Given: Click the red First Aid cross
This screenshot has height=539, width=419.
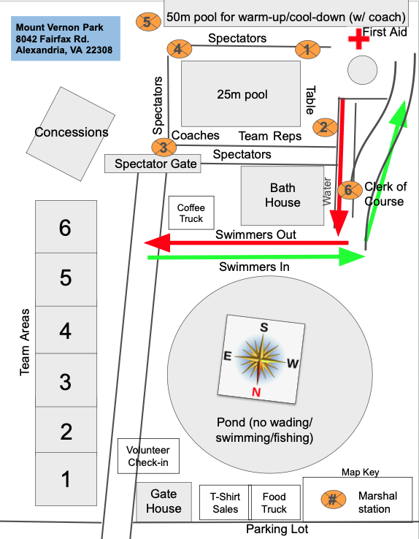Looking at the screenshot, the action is click(358, 39).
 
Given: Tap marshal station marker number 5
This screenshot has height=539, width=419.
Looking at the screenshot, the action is click(148, 22).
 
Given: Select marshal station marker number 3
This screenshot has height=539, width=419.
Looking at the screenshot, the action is click(164, 147).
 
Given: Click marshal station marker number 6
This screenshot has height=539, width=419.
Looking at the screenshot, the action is click(350, 190).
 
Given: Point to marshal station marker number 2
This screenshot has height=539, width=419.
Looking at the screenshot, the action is click(325, 128).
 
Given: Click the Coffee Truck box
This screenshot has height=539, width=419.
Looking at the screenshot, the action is click(191, 213).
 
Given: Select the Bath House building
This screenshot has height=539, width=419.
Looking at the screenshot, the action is click(282, 196).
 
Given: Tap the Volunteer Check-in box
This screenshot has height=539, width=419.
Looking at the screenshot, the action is click(148, 456).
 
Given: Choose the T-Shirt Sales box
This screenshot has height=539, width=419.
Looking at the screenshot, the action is click(226, 502).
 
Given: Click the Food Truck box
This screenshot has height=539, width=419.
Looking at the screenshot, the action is click(274, 502).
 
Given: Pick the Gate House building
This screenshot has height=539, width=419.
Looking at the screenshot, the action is click(164, 502).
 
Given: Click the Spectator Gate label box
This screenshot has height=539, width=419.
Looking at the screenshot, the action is click(153, 164).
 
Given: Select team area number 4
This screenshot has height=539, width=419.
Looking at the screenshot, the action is click(66, 330).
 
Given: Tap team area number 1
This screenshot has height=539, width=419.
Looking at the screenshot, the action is click(66, 479).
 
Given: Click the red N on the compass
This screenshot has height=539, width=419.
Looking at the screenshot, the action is click(256, 392).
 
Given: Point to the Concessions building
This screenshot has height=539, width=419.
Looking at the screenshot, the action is click(71, 134).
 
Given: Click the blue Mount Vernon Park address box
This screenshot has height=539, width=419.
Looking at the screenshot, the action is click(66, 39).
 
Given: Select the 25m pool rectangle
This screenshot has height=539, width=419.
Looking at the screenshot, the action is click(241, 93).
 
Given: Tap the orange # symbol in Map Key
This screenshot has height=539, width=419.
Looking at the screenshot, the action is click(333, 499).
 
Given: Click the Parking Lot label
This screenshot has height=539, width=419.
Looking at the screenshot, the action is click(277, 530).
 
